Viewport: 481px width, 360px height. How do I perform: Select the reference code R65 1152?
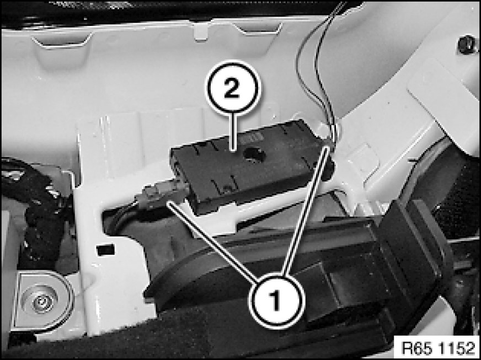coord(437,348)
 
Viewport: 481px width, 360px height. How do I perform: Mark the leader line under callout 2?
coord(234,132)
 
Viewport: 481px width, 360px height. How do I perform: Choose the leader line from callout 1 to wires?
coord(306,211)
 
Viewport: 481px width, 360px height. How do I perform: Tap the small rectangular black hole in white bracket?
coord(105,250)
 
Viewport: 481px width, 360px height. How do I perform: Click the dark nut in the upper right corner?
coord(467,45)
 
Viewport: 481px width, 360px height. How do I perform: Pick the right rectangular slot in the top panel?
coord(259,28)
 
